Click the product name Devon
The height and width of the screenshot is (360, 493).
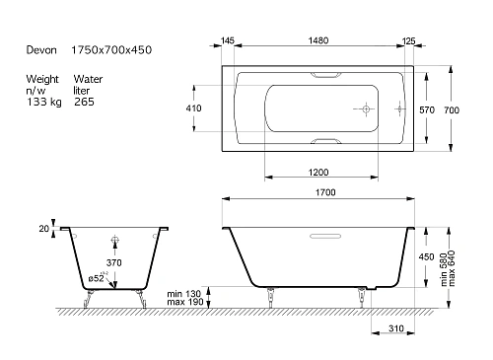41,50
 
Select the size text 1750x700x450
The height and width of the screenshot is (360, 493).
111,50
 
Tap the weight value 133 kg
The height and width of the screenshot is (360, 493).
44,102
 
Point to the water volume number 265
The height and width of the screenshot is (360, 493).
84,102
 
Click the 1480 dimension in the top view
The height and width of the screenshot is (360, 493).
318,40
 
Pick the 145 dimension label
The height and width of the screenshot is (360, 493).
228,40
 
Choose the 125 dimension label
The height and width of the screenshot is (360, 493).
408,41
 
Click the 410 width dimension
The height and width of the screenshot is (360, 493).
193,108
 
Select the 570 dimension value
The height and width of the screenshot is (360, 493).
427,109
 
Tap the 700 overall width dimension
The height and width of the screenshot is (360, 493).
452,109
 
